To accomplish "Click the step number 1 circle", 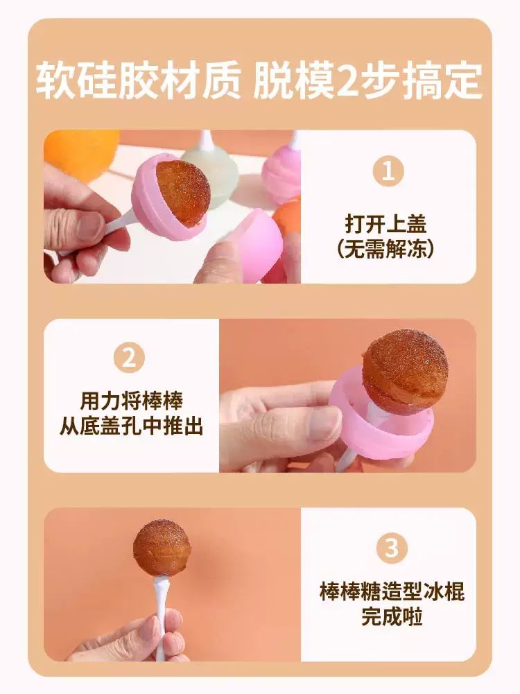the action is click(388, 171).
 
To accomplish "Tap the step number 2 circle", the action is click(129, 357).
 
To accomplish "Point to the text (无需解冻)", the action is click(385, 250).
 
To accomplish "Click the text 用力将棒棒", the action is click(131, 401).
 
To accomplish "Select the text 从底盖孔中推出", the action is click(131, 427).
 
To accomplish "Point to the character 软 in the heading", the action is click(55, 81).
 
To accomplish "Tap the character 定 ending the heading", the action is click(463, 81).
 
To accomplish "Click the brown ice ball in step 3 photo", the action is click(162, 548).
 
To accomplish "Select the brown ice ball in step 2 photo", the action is click(405, 371).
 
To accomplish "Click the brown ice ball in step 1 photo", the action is click(183, 193).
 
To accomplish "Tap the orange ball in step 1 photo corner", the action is click(80, 153).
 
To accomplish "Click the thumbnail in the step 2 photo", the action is click(322, 422).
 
